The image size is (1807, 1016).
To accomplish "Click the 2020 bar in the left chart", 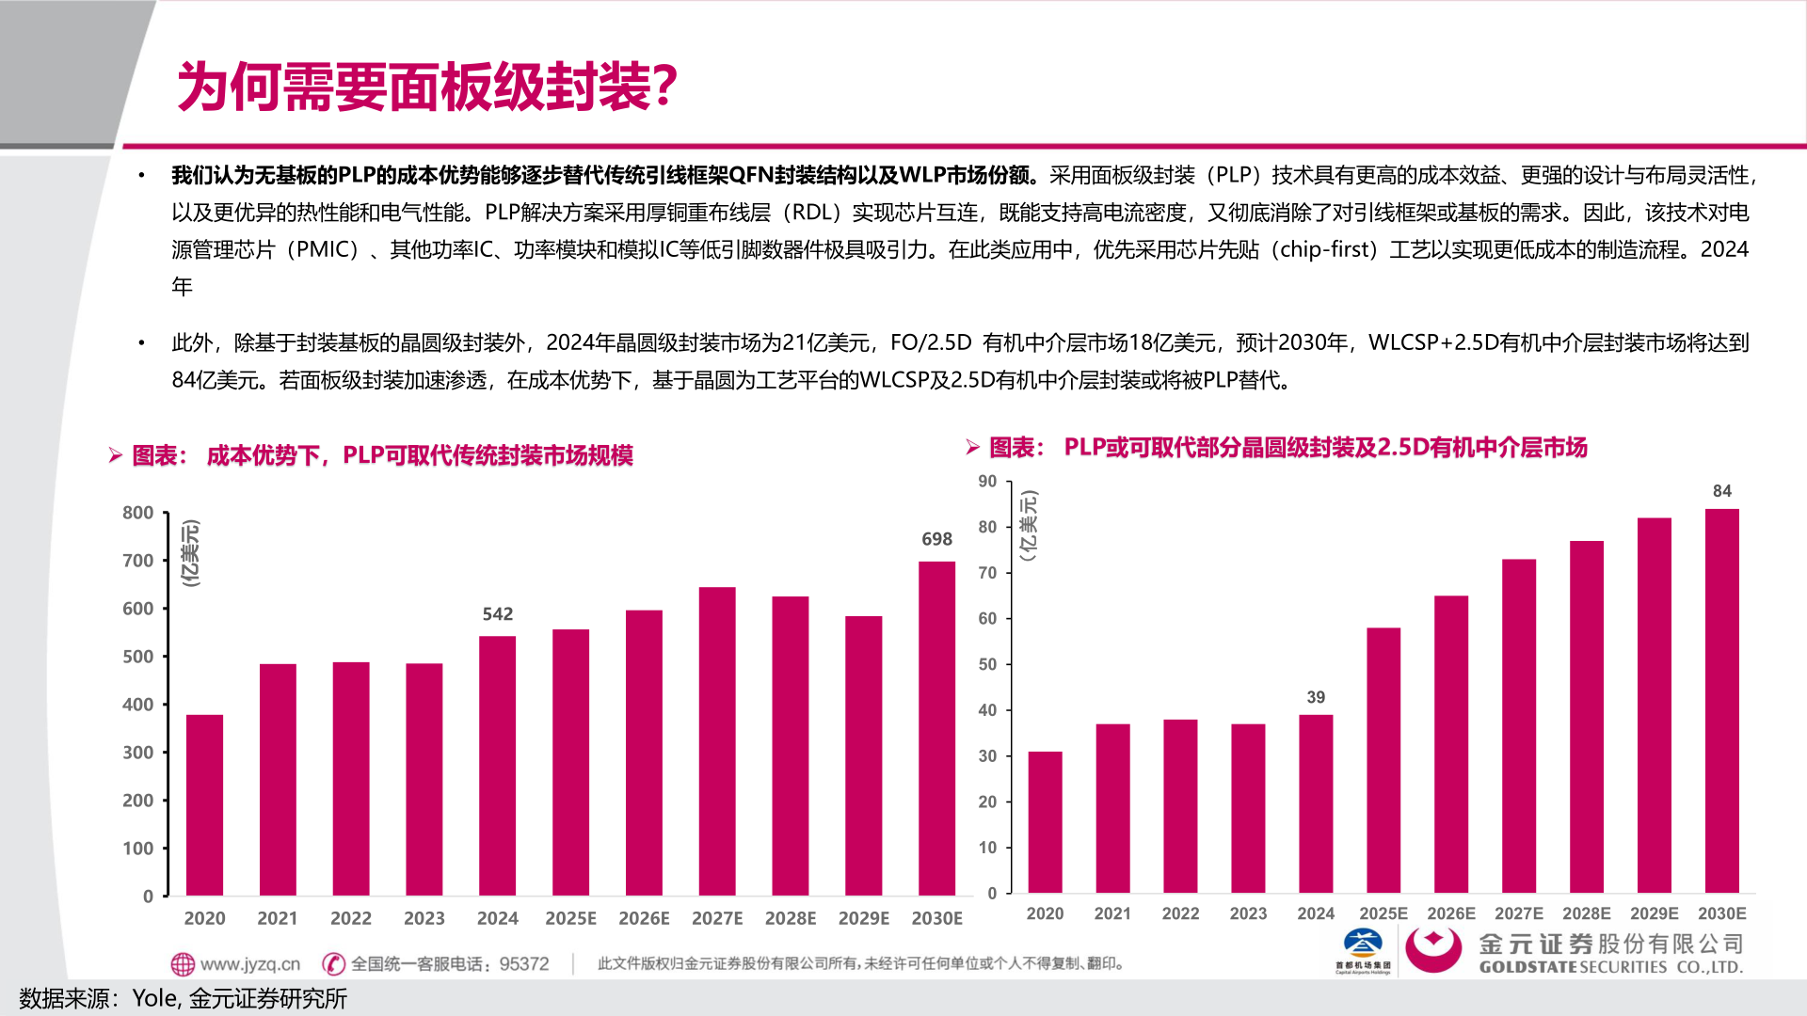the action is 204,805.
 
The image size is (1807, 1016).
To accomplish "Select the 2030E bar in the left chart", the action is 936,729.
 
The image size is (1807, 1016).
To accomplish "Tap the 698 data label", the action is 936,539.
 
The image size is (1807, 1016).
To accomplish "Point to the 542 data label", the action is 497,614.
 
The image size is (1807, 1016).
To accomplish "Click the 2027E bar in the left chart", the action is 717,741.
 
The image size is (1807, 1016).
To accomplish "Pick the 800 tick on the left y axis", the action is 137,513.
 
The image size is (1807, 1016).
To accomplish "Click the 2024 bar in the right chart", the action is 1316,804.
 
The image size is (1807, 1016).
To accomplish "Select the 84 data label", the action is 1721,491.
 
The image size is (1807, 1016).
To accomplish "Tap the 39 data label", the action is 1316,697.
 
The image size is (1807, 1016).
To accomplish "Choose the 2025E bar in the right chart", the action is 1383,760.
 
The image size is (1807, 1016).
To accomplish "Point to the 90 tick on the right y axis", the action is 986,482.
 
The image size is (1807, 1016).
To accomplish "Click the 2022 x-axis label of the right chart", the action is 1180,913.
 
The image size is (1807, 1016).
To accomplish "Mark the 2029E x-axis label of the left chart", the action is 863,918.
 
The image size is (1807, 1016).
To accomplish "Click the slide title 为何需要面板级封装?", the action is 427,87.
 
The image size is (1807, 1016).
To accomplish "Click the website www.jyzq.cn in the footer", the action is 249,964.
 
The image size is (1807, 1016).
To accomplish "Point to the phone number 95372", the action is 524,964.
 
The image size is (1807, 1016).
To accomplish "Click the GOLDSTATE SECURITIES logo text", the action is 1610,966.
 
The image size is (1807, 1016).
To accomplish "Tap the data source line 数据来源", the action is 184,998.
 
